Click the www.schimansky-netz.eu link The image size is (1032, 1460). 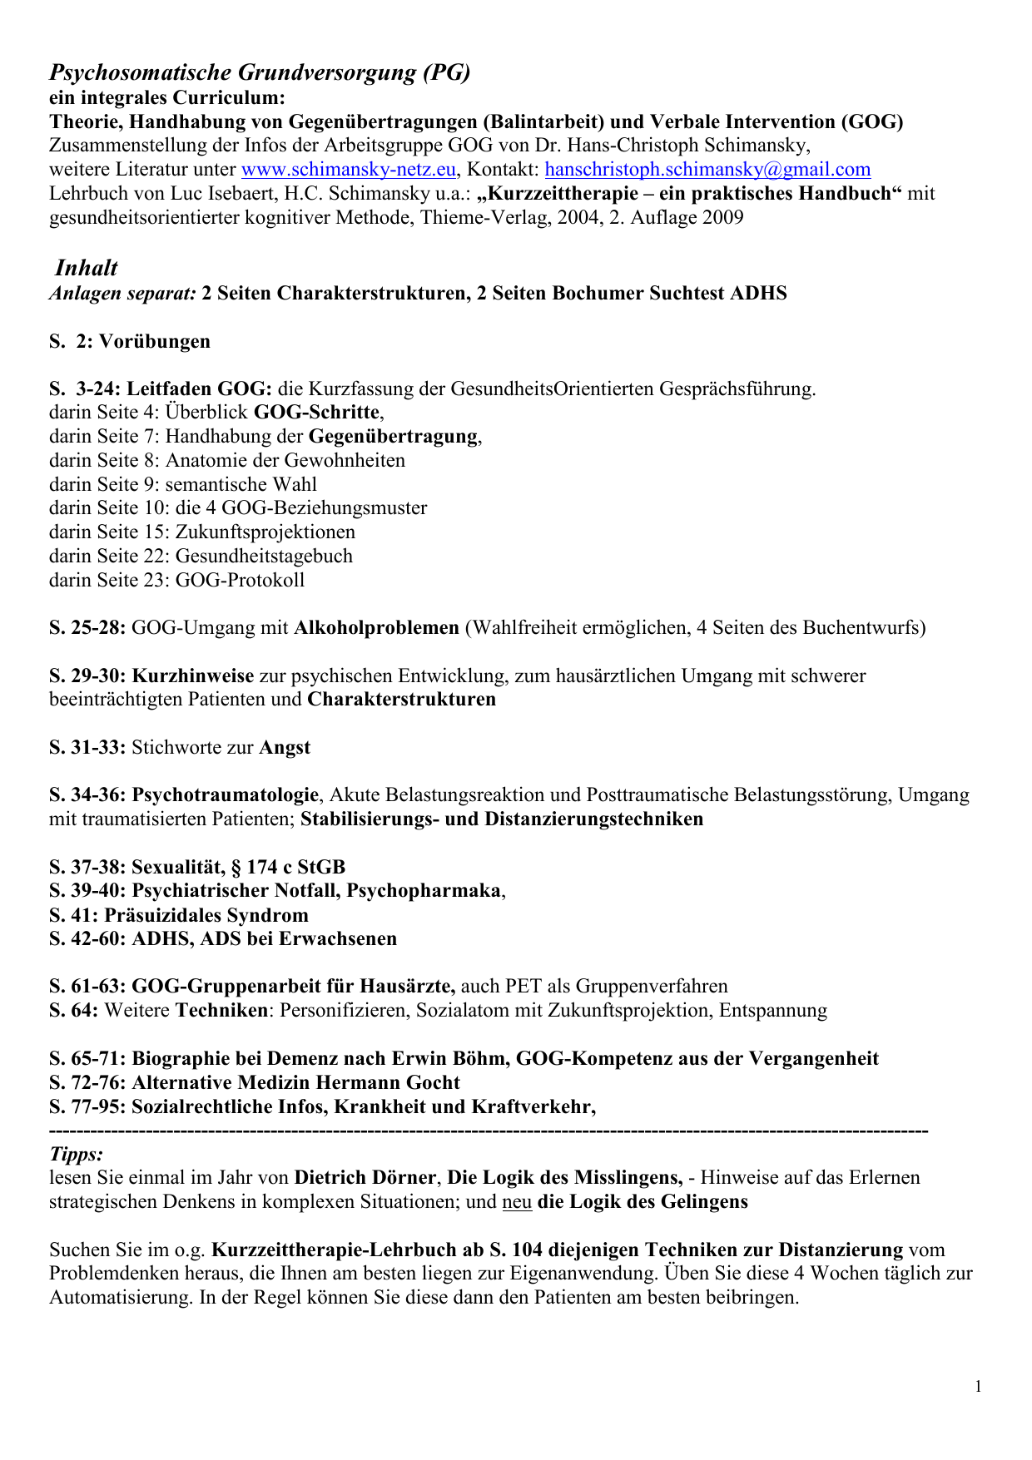349,170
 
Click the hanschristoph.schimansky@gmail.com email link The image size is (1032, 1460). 707,170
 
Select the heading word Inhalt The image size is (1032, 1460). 86,268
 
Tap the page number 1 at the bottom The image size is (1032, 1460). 978,1386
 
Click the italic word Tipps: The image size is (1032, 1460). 77,1154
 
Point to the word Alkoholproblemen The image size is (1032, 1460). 376,627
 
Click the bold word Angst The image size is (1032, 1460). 285,747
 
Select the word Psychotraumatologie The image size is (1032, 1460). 225,795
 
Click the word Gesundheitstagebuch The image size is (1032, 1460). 264,556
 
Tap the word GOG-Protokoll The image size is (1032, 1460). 240,580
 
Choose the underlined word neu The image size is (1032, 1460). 517,1202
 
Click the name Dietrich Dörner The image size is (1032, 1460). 365,1178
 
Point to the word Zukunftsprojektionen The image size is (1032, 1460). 265,532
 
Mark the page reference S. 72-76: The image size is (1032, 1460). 87,1082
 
